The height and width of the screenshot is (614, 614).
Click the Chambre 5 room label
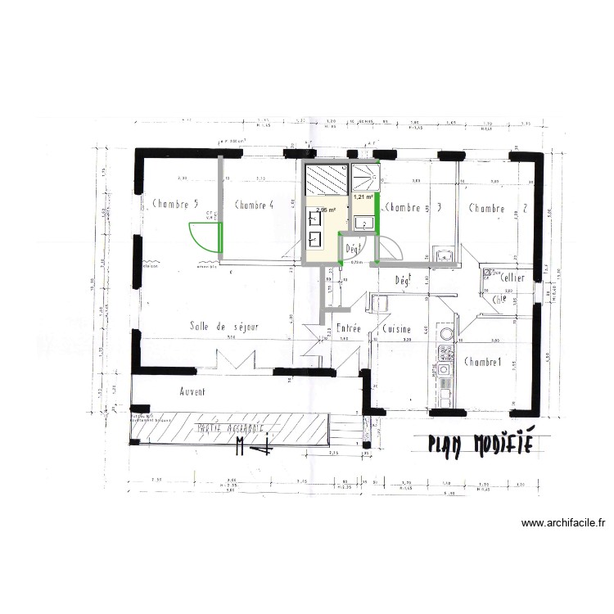tap(175, 205)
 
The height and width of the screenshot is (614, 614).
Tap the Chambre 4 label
tap(253, 205)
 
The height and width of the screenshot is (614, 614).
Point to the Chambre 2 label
tap(498, 208)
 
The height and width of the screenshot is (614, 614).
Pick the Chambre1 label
tap(482, 361)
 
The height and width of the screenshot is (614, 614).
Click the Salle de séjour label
tap(223, 326)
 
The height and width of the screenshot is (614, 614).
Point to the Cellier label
tap(507, 278)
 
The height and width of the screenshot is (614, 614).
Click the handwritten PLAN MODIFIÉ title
tap(481, 444)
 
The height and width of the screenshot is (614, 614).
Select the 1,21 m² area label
tap(363, 197)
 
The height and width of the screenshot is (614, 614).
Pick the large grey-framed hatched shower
tap(326, 178)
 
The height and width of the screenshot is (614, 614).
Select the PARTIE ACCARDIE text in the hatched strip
tap(228, 428)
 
